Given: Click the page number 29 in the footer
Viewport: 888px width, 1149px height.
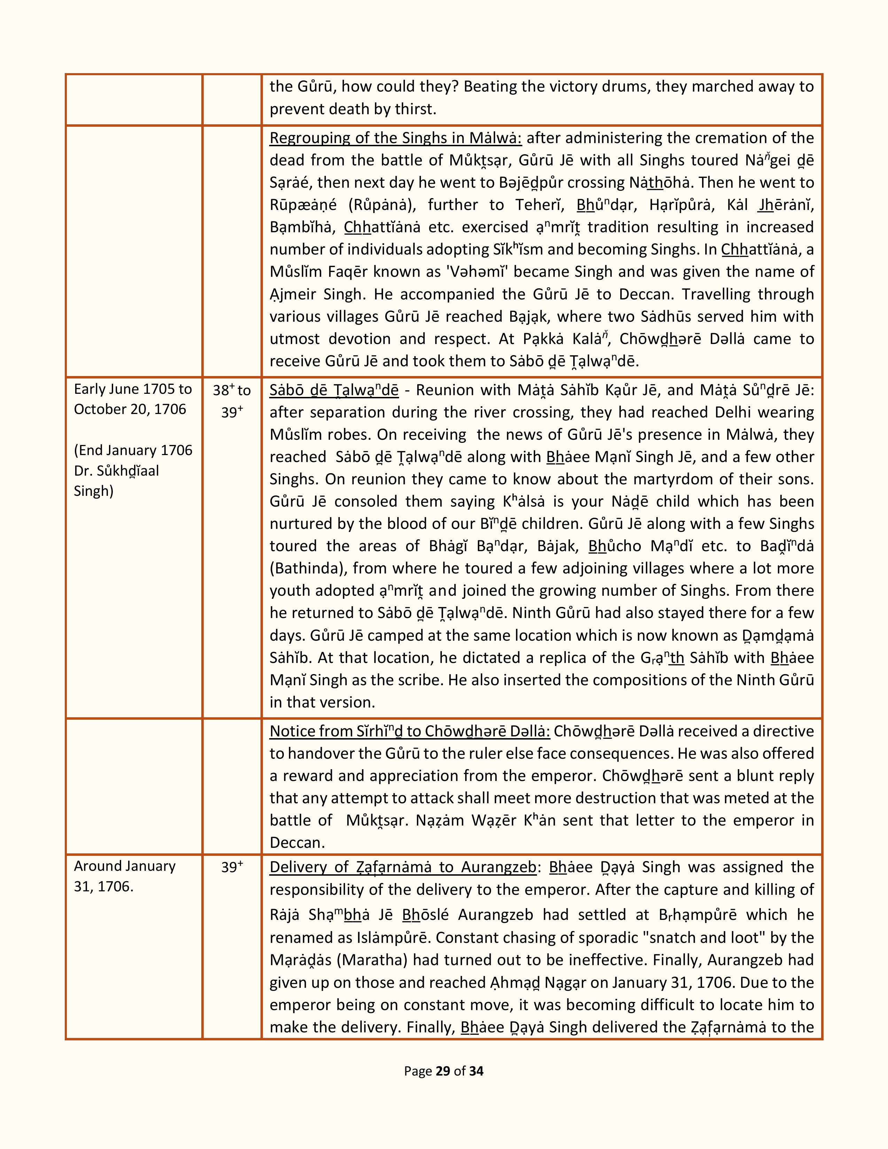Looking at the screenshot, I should [442, 1071].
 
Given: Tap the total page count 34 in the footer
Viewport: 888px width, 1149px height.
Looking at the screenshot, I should [476, 1071].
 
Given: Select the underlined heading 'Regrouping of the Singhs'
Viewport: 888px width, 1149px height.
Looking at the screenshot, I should [396, 138].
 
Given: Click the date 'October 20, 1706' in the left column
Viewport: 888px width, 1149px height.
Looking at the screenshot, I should [130, 409].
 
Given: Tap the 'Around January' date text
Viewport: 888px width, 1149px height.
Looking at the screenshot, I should [125, 866].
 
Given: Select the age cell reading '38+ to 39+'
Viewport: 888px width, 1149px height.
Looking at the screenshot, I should [232, 401].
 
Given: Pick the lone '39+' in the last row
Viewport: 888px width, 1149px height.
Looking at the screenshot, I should [232, 867].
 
